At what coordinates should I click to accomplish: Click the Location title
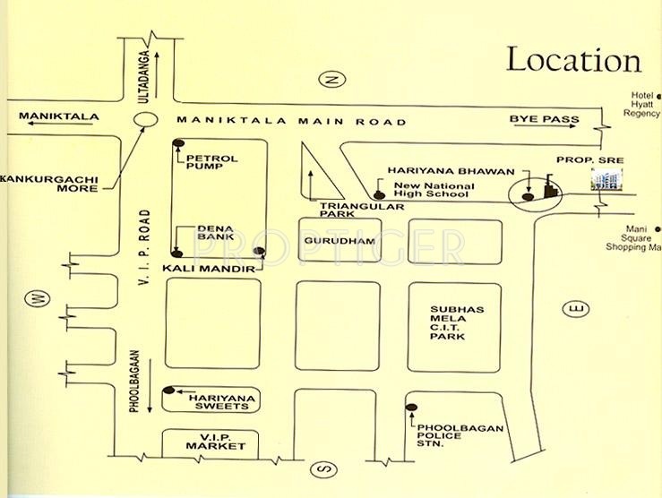click(x=573, y=60)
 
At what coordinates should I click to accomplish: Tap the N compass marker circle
click(x=333, y=80)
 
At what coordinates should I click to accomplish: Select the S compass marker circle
click(x=323, y=469)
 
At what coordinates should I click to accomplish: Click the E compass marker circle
click(x=573, y=309)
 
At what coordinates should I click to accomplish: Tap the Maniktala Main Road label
click(x=291, y=121)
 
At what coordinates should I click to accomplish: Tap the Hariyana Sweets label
click(x=214, y=399)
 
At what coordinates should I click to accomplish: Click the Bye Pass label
click(x=544, y=119)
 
